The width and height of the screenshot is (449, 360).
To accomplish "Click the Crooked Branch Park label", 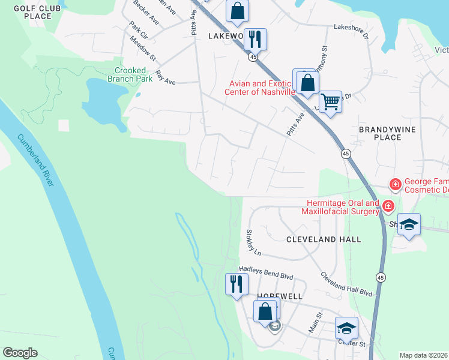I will click(130, 74).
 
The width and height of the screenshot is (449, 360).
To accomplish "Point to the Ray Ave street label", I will click(165, 78).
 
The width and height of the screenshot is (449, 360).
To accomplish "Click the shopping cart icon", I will click(330, 102).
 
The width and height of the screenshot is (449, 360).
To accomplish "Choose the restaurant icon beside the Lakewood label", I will click(255, 40).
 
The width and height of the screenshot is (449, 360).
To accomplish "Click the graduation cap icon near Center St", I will click(346, 328).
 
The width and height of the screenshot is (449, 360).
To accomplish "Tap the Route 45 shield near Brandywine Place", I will click(346, 154).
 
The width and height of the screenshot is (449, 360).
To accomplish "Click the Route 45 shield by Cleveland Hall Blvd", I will click(380, 277).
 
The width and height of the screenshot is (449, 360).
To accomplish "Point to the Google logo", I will click(20, 353).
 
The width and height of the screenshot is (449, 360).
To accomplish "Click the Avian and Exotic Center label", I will click(259, 88).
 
